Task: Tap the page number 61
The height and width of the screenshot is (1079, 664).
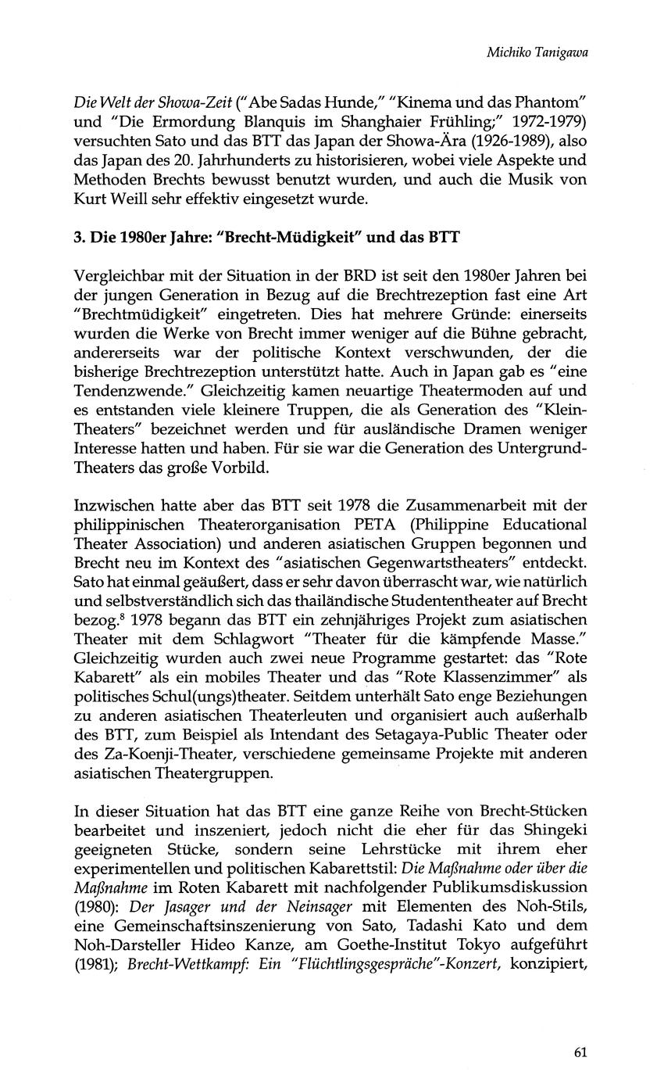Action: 580,1052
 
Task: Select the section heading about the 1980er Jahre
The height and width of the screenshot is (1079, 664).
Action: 266,237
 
